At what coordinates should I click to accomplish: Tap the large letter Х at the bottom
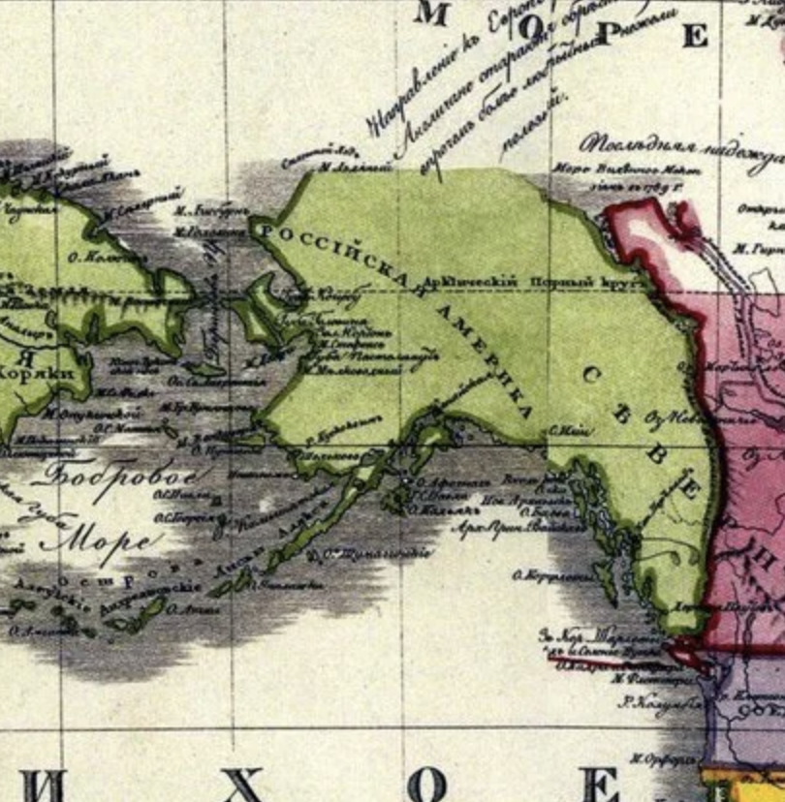click(x=242, y=784)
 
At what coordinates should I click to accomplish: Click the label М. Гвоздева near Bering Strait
click(x=208, y=232)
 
